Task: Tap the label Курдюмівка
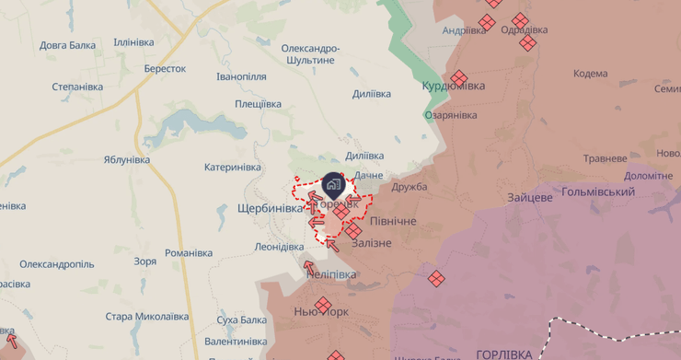pyautogui.click(x=453, y=86)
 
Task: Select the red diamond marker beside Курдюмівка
pyautogui.click(x=458, y=78)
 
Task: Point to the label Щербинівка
pyautogui.click(x=270, y=208)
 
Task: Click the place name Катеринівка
pyautogui.click(x=233, y=168)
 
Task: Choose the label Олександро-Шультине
pyautogui.click(x=309, y=53)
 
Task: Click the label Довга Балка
pyautogui.click(x=69, y=44)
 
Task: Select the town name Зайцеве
pyautogui.click(x=529, y=197)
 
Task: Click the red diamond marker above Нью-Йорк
pyautogui.click(x=323, y=305)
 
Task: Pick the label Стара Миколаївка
pyautogui.click(x=146, y=317)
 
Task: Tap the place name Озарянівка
pyautogui.click(x=451, y=115)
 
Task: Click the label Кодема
pyautogui.click(x=590, y=74)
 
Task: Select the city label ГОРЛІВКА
pyautogui.click(x=503, y=354)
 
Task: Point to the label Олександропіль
pyautogui.click(x=56, y=263)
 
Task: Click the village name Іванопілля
pyautogui.click(x=241, y=76)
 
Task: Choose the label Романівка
pyautogui.click(x=189, y=252)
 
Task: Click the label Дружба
pyautogui.click(x=410, y=187)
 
